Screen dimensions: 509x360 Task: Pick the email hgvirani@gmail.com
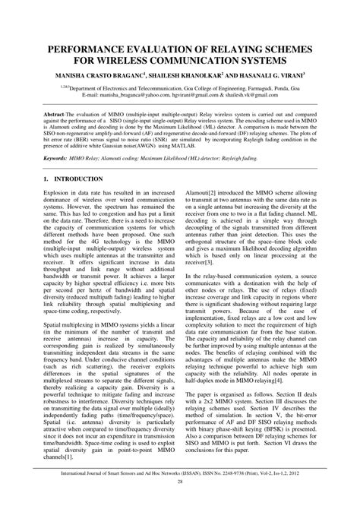(192, 98)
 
